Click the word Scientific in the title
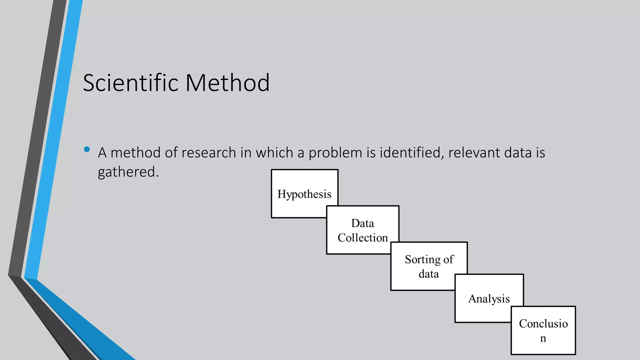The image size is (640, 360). [x=131, y=83]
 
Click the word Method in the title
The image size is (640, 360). [x=227, y=83]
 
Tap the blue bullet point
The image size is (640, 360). [x=87, y=149]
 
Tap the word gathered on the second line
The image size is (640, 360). [x=128, y=172]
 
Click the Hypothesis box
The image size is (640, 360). [x=304, y=194]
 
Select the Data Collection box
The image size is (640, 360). [x=362, y=230]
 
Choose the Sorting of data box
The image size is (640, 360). [x=429, y=266]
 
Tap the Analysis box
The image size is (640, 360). [x=489, y=299]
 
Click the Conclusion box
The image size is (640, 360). [x=543, y=330]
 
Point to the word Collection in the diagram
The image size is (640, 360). [x=362, y=238]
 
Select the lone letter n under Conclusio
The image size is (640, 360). [x=543, y=338]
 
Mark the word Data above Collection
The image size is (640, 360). [x=362, y=223]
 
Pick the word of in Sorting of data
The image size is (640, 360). [x=448, y=259]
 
